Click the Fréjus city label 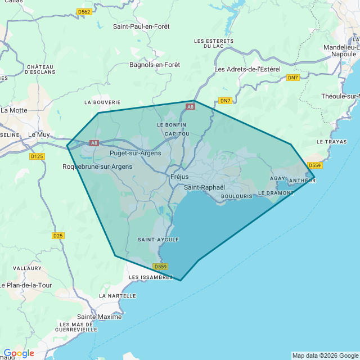pos(179,177)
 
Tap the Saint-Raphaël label pos(205,187)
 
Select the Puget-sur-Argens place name pos(135,153)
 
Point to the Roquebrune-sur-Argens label pos(97,166)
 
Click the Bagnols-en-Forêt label pos(155,65)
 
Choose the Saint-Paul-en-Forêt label pos(141,26)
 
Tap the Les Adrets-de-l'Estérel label pos(247,69)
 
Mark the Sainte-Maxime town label pos(100,317)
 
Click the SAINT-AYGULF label pos(158,240)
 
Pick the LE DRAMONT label pos(276,193)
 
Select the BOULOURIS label pos(237,196)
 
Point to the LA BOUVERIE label pos(102,102)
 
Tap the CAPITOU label pos(177,134)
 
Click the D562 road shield pos(84,12)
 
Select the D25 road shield pos(58,236)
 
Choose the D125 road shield pos(37,156)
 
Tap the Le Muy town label pos(39,134)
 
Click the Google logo pos(18,353)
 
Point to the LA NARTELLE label pos(118,295)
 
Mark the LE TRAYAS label pos(332,141)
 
